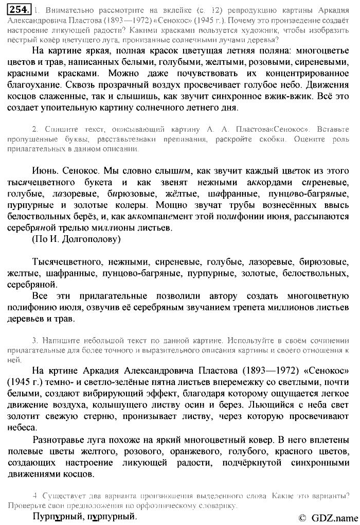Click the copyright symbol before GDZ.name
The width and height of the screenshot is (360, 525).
(302, 517)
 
